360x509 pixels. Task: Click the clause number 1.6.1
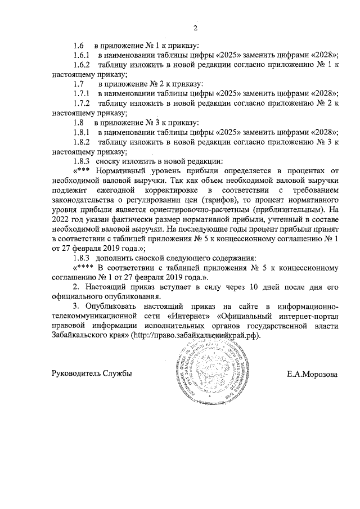[x=82, y=55]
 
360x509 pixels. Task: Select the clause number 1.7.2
[x=82, y=103]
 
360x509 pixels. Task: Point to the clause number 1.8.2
[x=82, y=142]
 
